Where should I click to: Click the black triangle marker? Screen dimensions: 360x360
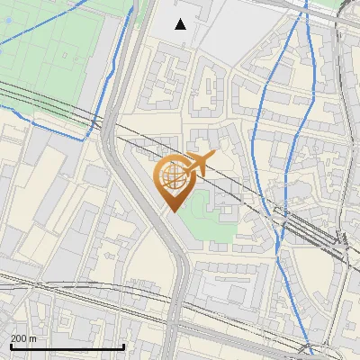[181, 24]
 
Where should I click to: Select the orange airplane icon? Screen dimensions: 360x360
[201, 164]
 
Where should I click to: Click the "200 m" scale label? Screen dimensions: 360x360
[24, 337]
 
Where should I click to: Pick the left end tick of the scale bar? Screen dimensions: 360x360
[11, 346]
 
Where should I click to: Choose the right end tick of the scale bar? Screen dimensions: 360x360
[124, 346]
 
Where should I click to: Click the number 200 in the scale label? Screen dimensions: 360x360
[20, 337]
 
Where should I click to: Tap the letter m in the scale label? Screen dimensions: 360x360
[33, 337]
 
